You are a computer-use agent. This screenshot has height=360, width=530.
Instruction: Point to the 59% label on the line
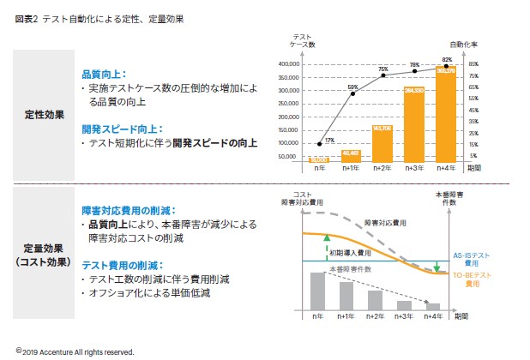click(x=352, y=86)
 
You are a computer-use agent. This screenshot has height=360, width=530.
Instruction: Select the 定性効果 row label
click(x=43, y=114)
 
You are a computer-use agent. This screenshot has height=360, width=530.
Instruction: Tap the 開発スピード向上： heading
click(x=116, y=128)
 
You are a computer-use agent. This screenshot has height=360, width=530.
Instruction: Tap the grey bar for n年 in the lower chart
click(x=318, y=291)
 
